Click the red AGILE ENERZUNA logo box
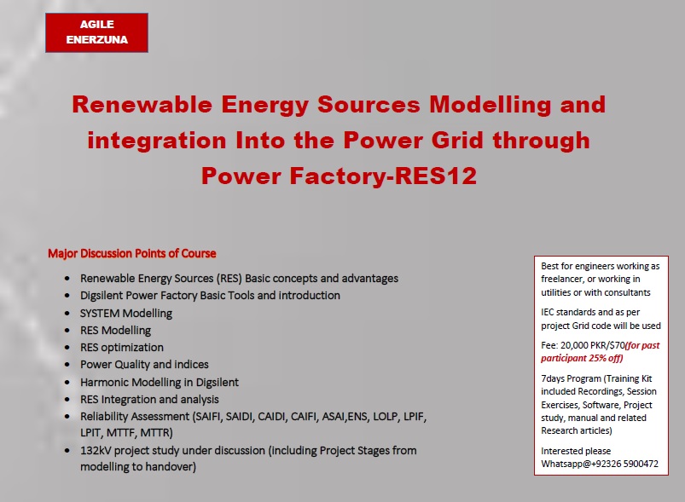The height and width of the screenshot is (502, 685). (96, 32)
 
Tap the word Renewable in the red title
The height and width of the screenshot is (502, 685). (142, 105)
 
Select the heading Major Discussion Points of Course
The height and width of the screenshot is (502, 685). (132, 254)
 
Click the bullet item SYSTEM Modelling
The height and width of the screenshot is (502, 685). (126, 314)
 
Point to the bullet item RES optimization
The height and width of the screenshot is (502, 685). (122, 348)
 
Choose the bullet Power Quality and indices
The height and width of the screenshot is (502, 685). (144, 365)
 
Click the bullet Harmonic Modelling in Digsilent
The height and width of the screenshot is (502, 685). (160, 383)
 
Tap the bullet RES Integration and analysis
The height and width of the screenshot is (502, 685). (149, 400)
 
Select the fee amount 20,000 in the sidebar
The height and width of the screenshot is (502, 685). (574, 345)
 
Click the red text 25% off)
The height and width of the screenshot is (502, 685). (606, 358)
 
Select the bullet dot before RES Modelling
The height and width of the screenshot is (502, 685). (67, 331)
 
